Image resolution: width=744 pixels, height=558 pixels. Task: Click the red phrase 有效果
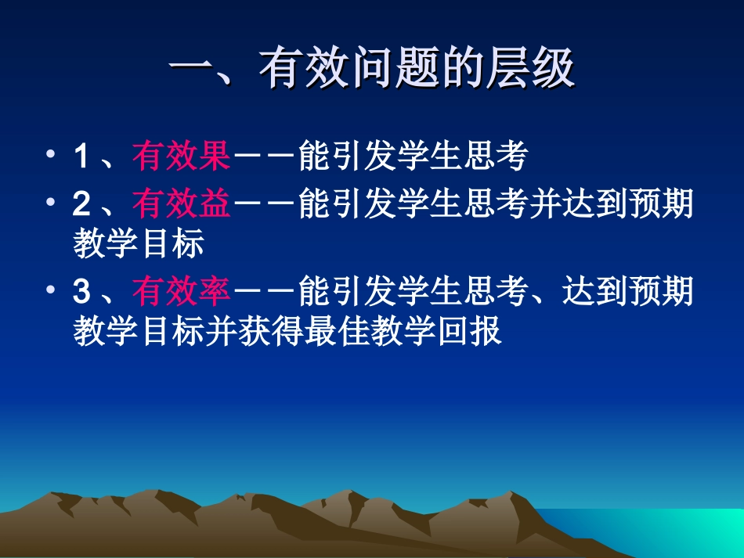tap(181, 157)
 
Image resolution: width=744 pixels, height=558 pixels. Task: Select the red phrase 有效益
tap(181, 205)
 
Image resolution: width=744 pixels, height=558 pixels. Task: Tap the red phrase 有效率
tap(181, 293)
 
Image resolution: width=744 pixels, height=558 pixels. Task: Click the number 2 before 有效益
tap(81, 206)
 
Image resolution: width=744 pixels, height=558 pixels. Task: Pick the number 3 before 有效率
tap(81, 293)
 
